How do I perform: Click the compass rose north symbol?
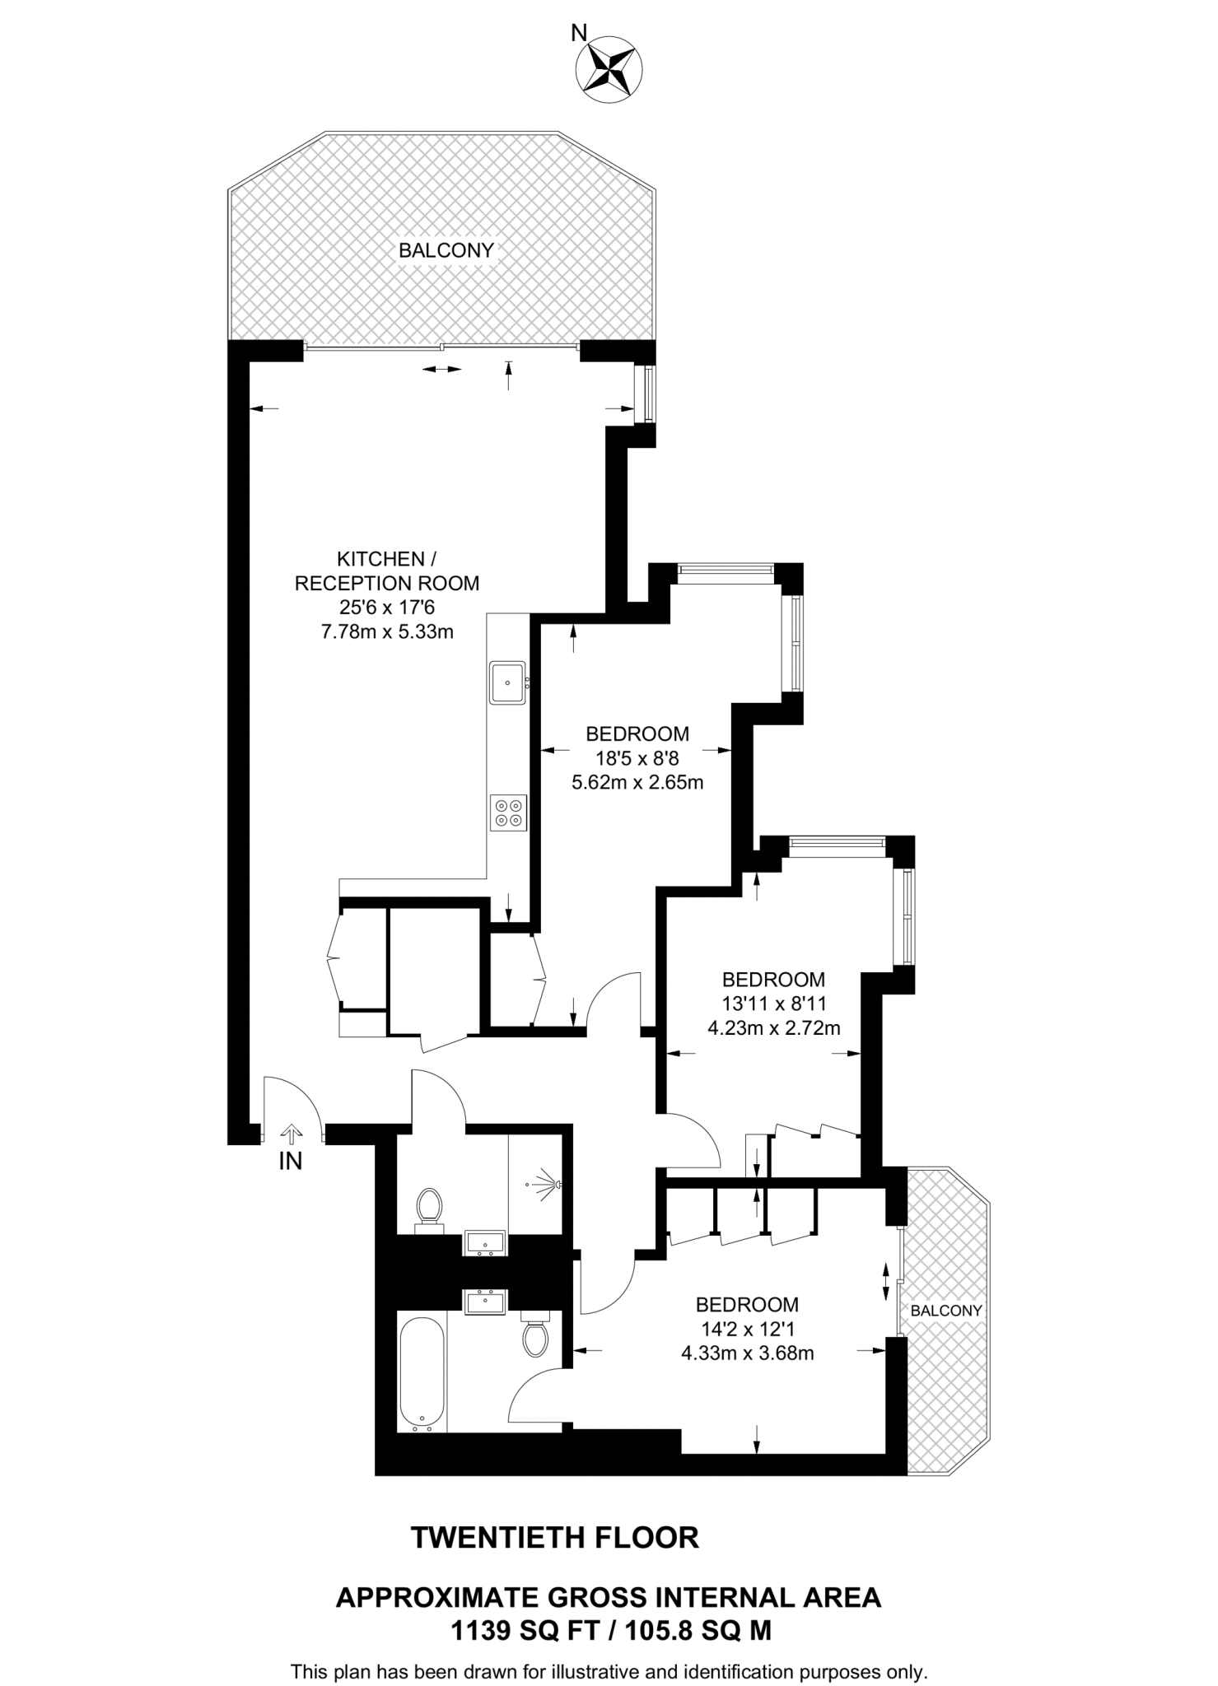[609, 69]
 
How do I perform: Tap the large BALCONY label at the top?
[446, 250]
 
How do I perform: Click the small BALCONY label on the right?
[945, 1310]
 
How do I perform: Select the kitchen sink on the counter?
[507, 682]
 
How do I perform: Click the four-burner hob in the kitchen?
[507, 813]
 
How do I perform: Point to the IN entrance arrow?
[291, 1134]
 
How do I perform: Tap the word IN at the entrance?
[291, 1162]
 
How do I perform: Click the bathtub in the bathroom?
[422, 1370]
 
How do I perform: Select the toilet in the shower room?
[428, 1209]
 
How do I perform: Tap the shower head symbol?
[548, 1185]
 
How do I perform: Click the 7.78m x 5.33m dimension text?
[386, 632]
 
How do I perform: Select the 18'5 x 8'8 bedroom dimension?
[637, 757]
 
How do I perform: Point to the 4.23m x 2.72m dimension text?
[773, 1028]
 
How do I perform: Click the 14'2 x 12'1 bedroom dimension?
[747, 1329]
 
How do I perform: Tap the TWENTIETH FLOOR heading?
[554, 1537]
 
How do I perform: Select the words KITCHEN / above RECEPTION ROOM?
[381, 559]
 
